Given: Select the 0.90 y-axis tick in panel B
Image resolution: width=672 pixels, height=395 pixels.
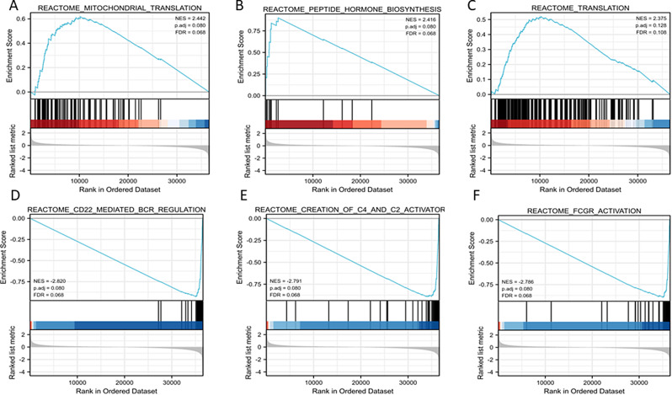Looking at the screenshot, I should [253, 17].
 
